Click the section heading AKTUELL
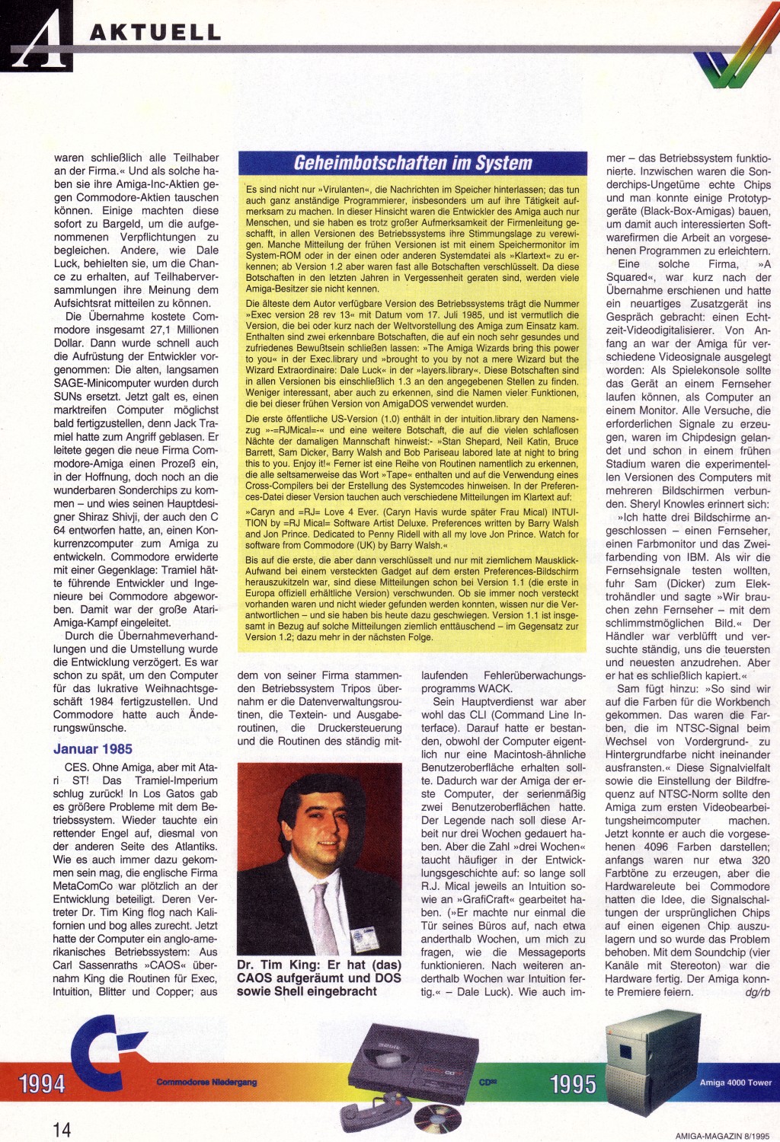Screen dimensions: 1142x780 pos(155,32)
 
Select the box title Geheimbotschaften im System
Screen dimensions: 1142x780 pos(413,163)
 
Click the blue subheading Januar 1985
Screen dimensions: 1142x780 pos(93,748)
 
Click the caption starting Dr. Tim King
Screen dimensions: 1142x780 pos(318,978)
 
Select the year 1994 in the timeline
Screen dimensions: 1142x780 pos(42,1083)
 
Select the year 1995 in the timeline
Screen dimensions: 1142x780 pos(572,1083)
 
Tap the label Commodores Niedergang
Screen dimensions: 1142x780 pos(206,1082)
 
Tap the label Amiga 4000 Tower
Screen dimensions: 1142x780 pos(735,1082)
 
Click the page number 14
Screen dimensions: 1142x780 pos(62,1128)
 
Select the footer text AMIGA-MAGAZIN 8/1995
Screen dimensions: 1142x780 pos(723,1135)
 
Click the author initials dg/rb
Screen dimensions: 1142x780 pos(758,992)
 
